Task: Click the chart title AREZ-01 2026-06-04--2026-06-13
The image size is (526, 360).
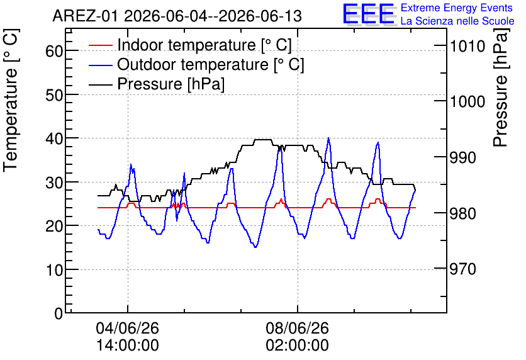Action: (177, 16)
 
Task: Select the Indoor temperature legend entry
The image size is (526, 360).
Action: (190, 45)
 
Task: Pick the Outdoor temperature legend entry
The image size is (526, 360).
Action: (196, 64)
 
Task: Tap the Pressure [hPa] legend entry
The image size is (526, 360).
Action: (157, 84)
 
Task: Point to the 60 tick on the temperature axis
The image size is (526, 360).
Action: (54, 52)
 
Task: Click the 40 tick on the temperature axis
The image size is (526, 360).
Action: (54, 138)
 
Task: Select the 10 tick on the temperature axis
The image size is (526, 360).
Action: (54, 270)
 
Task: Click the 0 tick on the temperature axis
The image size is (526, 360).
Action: (59, 313)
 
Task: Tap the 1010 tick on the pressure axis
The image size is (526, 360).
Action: (467, 46)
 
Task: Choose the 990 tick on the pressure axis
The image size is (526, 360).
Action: (463, 157)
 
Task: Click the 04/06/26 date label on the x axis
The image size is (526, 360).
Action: (128, 328)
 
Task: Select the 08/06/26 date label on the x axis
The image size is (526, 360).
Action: (298, 328)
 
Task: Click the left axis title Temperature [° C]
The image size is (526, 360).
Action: (11, 100)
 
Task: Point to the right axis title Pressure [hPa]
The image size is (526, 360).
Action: (500, 87)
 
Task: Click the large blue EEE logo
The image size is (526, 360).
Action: (369, 14)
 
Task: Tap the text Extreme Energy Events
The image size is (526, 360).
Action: (457, 8)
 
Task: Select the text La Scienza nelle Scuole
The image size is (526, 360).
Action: (457, 21)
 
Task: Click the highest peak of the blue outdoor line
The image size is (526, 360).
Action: (328, 138)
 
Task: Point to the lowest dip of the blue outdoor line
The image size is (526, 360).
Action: (255, 247)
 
